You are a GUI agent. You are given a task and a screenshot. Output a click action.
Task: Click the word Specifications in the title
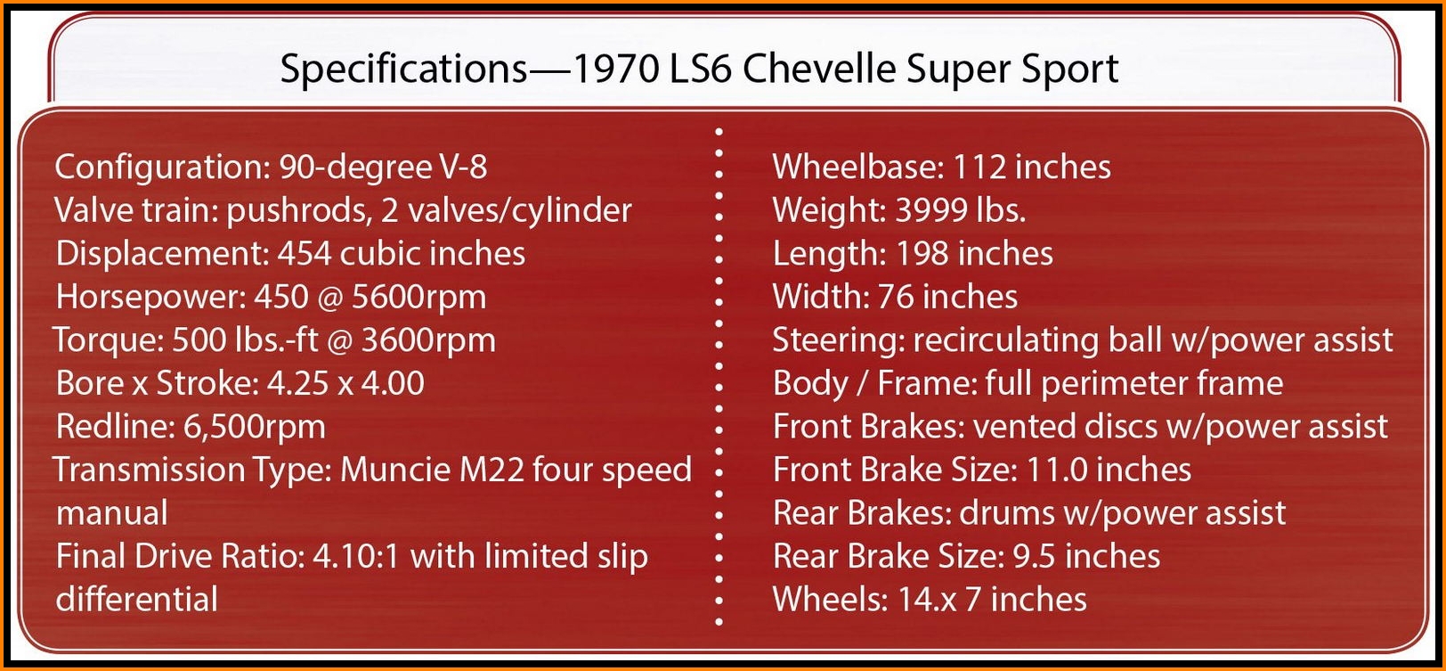[404, 70]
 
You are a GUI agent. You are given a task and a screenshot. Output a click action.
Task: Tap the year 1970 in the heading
[615, 69]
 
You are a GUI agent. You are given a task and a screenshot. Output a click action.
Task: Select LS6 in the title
[700, 69]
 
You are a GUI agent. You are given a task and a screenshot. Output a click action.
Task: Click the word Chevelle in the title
[819, 69]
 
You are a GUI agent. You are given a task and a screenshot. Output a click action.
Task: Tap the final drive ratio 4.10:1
[356, 556]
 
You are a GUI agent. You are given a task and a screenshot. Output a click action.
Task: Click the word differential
[137, 599]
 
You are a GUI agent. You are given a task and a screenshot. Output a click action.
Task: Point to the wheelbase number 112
[979, 167]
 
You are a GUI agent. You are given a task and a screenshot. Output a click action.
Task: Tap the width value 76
[896, 297]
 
